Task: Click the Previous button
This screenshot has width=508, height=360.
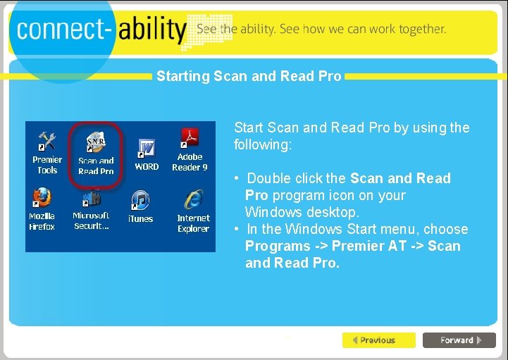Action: click(378, 340)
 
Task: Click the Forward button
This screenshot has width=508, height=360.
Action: click(459, 340)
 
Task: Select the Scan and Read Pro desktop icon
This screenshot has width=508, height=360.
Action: click(96, 144)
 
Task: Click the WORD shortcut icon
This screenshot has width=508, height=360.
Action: click(147, 149)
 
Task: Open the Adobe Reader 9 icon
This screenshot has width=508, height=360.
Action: click(190, 137)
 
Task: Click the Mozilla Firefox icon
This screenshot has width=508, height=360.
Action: click(42, 197)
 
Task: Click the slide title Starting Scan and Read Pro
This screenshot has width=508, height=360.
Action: click(249, 75)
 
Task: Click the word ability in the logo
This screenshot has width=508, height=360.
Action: click(152, 30)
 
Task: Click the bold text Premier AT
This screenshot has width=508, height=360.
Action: click(368, 246)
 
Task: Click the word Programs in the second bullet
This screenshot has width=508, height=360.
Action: click(276, 246)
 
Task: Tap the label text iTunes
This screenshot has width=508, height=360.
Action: click(140, 219)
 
